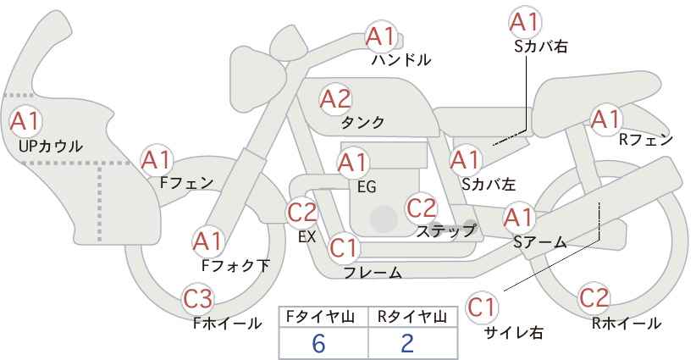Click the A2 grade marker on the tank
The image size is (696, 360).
(x=335, y=99)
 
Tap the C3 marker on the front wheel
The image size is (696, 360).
(x=198, y=299)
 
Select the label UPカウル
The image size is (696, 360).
(x=51, y=146)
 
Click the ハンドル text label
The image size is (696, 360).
(x=401, y=59)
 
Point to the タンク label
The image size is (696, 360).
(x=362, y=122)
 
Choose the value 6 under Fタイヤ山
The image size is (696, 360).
(x=318, y=343)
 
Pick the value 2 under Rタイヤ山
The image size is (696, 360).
(x=407, y=343)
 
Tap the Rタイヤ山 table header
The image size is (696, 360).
(x=412, y=317)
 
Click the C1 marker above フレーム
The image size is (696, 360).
(x=344, y=247)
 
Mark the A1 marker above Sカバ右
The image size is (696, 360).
(x=525, y=22)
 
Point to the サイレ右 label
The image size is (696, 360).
(x=514, y=333)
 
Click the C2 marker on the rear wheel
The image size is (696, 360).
(x=594, y=298)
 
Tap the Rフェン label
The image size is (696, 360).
(x=646, y=140)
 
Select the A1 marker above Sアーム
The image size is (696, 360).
(x=519, y=218)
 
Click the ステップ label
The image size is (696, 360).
(x=445, y=231)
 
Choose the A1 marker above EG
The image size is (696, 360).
(x=353, y=163)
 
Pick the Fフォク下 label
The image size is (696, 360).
(x=235, y=265)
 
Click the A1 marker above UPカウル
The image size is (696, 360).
(x=25, y=121)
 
